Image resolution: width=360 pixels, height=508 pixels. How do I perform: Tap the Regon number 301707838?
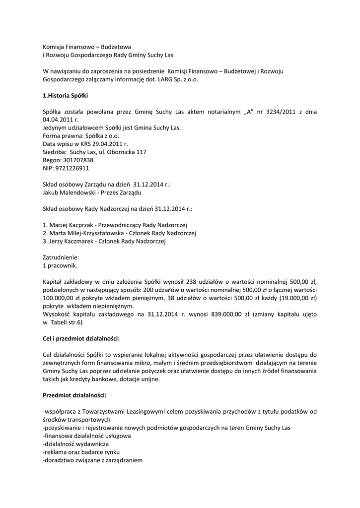click(76, 160)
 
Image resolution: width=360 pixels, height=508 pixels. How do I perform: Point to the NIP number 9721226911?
click(73, 168)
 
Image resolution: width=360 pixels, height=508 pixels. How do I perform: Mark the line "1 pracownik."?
click(60, 265)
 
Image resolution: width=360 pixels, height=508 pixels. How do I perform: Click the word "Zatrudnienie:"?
click(61, 257)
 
